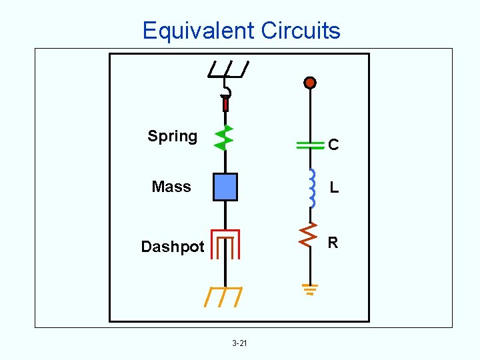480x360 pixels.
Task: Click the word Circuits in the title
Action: [x=301, y=31]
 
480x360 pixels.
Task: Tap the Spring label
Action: [x=172, y=137]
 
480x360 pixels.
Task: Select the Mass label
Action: [x=171, y=187]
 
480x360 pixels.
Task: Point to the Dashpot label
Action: [x=173, y=247]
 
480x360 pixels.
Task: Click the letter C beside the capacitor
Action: [x=333, y=145]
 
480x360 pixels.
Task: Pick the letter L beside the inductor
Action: [x=334, y=189]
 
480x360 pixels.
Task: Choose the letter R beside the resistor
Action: [x=333, y=243]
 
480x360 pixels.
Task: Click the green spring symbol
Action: [x=224, y=137]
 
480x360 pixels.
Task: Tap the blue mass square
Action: [x=225, y=187]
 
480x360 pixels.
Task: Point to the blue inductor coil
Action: [x=311, y=188]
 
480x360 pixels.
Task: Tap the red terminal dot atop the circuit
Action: [x=309, y=83]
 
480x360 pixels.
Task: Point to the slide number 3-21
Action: [x=239, y=343]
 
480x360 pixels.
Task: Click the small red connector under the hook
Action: [x=225, y=104]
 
